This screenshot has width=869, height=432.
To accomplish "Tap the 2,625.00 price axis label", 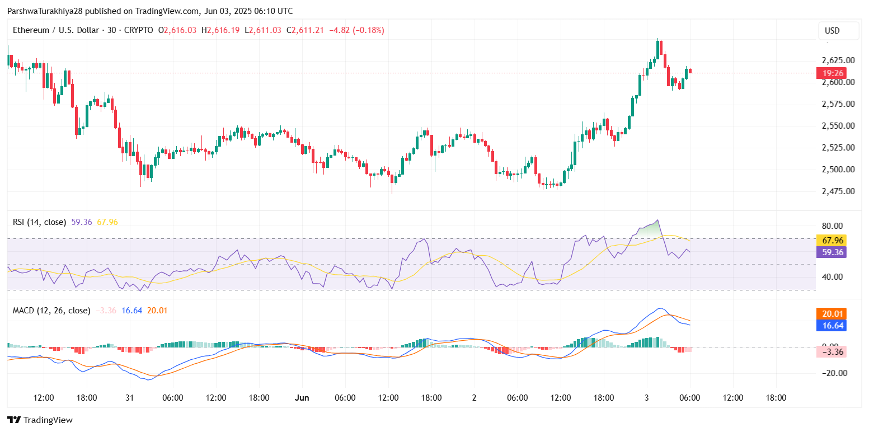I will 838,60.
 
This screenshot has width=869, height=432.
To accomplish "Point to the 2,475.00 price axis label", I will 838,191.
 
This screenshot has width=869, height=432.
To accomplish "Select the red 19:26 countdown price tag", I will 831,73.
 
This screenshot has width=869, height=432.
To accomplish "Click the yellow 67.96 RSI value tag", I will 831,241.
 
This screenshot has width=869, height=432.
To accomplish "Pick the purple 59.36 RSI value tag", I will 831,252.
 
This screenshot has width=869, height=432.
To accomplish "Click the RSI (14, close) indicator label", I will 39,222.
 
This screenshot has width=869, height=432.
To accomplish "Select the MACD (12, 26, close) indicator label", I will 51,310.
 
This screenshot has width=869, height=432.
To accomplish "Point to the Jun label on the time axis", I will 302,398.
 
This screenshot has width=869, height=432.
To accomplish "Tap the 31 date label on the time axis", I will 129,398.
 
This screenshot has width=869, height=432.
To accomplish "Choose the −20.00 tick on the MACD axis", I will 833,373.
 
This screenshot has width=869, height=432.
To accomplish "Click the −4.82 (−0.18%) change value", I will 357,30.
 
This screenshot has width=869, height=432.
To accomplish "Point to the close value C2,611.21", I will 305,30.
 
